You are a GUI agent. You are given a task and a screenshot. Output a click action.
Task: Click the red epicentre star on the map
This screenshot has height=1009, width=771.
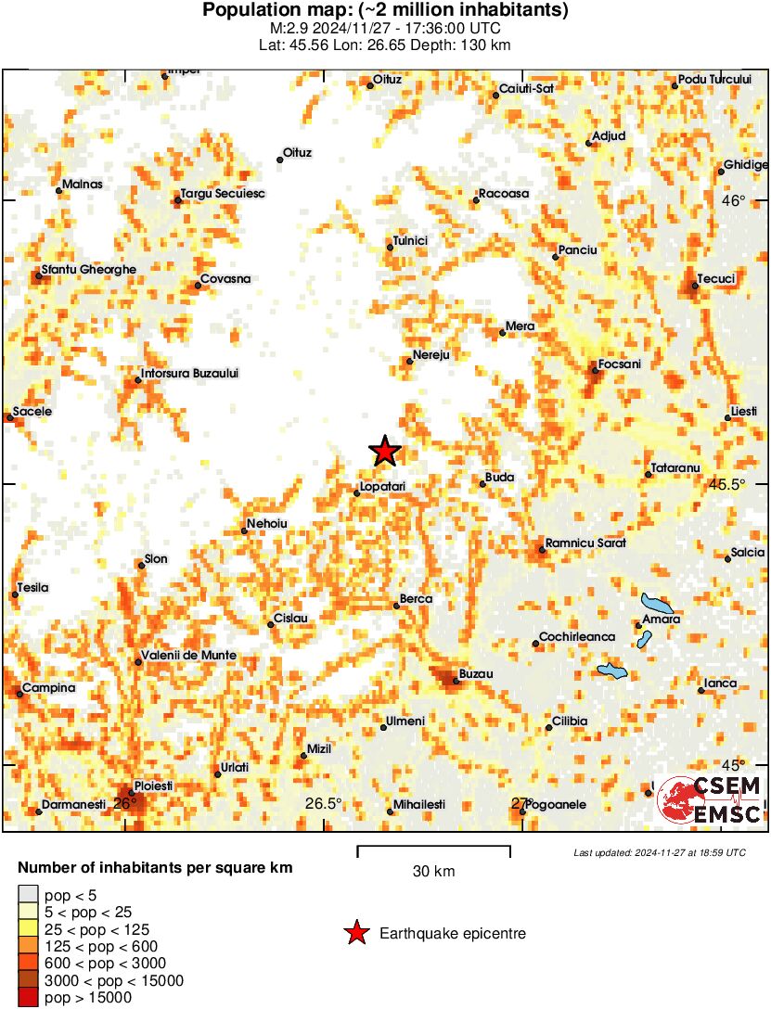pos(385,452)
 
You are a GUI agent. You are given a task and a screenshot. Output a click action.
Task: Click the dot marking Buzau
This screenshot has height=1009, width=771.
pos(456,681)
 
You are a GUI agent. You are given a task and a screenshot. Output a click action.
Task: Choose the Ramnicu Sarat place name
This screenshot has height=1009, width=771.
pos(585,542)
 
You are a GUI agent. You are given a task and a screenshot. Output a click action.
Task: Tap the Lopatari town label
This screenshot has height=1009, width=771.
pos(382,485)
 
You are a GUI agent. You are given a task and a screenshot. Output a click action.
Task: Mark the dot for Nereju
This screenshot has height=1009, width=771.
pos(409,361)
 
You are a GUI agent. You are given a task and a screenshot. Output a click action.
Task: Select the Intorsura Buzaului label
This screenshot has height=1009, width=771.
pos(191,373)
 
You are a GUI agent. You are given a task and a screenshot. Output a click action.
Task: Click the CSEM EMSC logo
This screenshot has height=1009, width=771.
pos(710,799)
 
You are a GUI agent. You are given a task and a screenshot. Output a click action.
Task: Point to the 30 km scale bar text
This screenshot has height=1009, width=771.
pos(433,872)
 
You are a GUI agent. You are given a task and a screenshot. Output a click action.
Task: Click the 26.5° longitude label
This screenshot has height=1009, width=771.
pos(324,803)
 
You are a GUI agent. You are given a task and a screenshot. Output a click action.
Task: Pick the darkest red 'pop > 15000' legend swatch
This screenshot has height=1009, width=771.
pos(28,997)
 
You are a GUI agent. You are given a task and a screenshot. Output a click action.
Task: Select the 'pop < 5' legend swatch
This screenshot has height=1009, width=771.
pos(28,894)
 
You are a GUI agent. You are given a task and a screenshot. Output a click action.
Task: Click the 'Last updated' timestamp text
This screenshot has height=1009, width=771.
pos(659,852)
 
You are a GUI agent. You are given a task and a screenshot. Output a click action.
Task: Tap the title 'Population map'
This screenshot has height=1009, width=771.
pos(385,10)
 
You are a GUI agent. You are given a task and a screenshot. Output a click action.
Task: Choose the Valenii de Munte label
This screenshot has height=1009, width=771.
pos(188,655)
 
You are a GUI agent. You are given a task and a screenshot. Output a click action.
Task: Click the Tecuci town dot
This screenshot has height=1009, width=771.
pos(694,285)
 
